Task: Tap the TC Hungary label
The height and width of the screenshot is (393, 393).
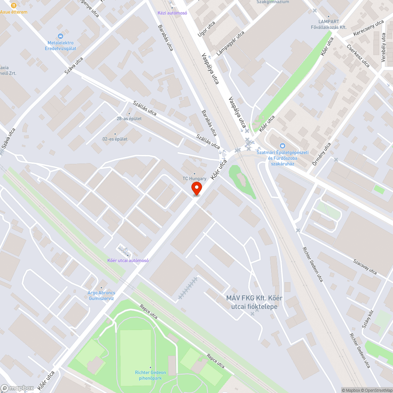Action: coord(194,178)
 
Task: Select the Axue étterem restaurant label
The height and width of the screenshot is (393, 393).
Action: coord(14,12)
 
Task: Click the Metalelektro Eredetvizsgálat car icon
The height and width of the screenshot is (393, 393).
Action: coord(60,36)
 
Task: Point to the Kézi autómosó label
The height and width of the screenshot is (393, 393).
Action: coord(172,13)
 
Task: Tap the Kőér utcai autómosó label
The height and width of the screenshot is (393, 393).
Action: coord(128,260)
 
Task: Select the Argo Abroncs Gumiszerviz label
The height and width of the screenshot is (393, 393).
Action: coord(101,296)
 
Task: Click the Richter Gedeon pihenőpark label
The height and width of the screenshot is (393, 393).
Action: coord(150,375)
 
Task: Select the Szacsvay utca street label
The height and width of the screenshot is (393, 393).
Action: coord(365,266)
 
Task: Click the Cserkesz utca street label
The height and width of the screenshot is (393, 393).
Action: coord(358,55)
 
